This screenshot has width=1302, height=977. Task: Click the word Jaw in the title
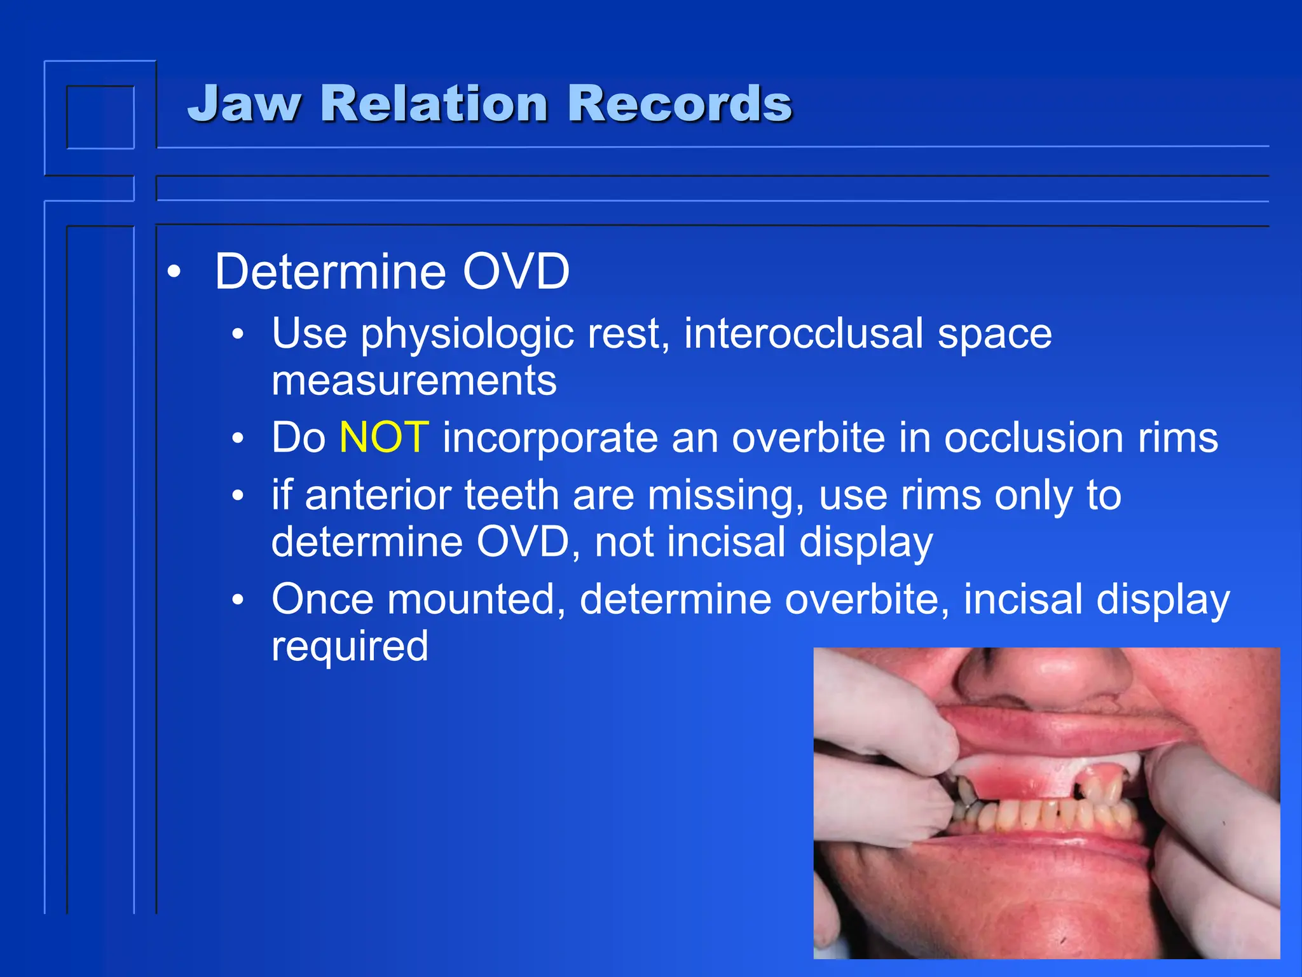point(244,104)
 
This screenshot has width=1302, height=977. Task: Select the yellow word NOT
point(384,438)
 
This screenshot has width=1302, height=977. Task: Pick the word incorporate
point(550,439)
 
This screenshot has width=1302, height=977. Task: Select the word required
point(350,646)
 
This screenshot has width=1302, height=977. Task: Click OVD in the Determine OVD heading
point(516,272)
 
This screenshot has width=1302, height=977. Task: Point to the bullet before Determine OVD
point(174,272)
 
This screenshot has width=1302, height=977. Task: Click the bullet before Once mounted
point(238,600)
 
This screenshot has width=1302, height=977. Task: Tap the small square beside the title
point(100,117)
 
